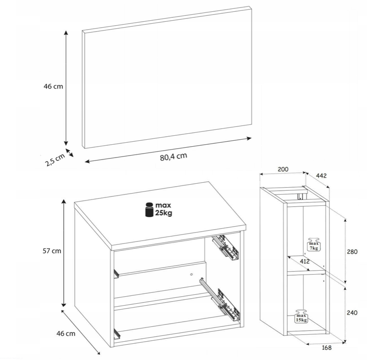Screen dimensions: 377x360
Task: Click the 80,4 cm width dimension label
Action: (x=173, y=157)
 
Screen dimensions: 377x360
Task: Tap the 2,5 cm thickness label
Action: (x=55, y=160)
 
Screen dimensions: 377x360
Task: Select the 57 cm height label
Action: (x=52, y=251)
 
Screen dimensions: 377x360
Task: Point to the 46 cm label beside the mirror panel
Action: (x=53, y=86)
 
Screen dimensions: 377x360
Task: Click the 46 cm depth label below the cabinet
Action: (x=66, y=333)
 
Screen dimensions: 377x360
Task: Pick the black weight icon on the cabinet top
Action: (x=149, y=209)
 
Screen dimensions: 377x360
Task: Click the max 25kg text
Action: (x=164, y=209)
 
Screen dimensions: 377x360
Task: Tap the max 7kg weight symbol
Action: (x=314, y=244)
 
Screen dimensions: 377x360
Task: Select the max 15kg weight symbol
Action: (x=301, y=316)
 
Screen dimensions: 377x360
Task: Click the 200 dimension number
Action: (x=283, y=169)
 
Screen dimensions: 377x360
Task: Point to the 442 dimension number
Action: (x=321, y=176)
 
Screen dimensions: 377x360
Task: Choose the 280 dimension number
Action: (x=352, y=252)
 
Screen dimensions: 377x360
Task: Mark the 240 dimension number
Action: (x=352, y=313)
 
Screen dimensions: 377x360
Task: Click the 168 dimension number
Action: (x=326, y=348)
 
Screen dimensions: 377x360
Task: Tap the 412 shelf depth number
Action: (x=305, y=261)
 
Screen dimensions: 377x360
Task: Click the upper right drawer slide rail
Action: (x=225, y=247)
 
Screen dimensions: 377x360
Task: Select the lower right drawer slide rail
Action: (x=220, y=299)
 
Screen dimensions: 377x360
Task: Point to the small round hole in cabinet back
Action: (x=191, y=275)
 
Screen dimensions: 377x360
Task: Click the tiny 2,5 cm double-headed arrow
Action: (x=70, y=153)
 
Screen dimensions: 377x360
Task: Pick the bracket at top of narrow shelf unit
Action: (x=300, y=197)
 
